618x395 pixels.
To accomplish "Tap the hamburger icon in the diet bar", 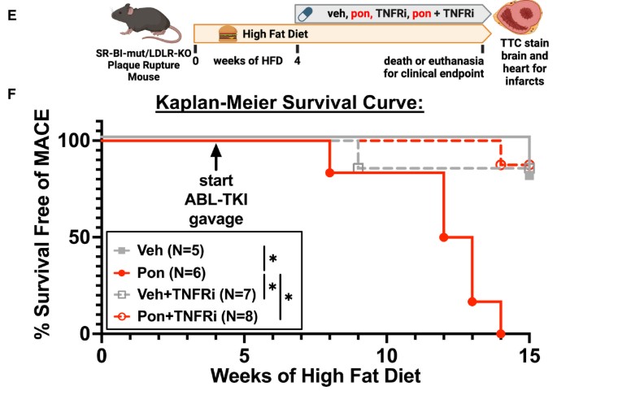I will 229,34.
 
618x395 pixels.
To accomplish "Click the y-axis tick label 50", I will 81,237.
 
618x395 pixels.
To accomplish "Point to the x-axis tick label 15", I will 529,357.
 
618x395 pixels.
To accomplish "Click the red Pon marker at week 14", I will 501,333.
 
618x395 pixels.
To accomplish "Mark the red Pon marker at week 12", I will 444,237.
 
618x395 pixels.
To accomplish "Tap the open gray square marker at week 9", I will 358,167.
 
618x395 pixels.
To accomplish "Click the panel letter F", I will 9,94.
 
